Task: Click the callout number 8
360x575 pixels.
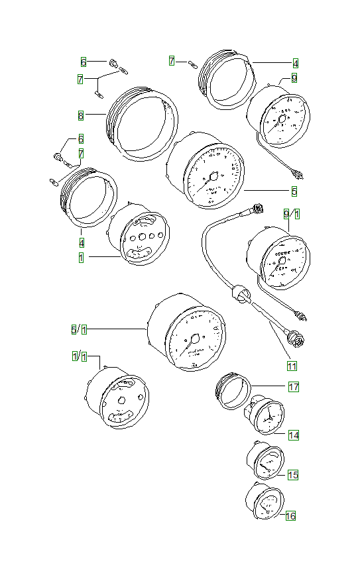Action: (80, 115)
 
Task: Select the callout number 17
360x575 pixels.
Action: (292, 386)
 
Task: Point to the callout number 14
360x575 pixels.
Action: (292, 435)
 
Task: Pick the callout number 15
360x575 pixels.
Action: (292, 475)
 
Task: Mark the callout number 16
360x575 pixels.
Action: (290, 515)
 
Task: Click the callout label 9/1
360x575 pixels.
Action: (292, 214)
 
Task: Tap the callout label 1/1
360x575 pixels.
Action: (80, 356)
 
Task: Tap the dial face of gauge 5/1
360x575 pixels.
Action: (194, 339)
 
